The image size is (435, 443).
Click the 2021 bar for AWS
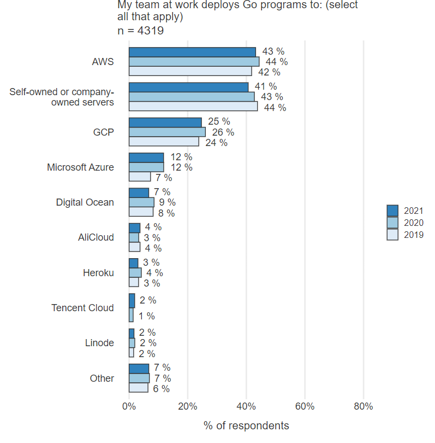click(192, 51)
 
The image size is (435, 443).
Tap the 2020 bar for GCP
click(167, 132)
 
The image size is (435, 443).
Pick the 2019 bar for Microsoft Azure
click(140, 177)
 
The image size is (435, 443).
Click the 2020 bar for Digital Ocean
click(141, 202)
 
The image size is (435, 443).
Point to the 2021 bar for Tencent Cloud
click(132, 300)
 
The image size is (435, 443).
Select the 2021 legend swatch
click(392, 211)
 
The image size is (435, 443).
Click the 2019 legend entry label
click(414, 235)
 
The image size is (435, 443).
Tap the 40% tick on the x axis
click(246, 406)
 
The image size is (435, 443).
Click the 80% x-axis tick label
click(364, 406)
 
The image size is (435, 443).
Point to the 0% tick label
click(129, 406)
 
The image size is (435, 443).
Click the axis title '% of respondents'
click(246, 425)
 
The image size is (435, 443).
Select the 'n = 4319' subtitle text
click(141, 31)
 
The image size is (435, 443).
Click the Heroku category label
click(98, 272)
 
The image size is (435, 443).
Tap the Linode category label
click(99, 343)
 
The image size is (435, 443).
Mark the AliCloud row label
click(96, 237)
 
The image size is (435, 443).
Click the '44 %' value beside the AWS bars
click(277, 62)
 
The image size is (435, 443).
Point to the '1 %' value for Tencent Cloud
click(147, 316)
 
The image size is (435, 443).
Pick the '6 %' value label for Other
click(161, 389)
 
